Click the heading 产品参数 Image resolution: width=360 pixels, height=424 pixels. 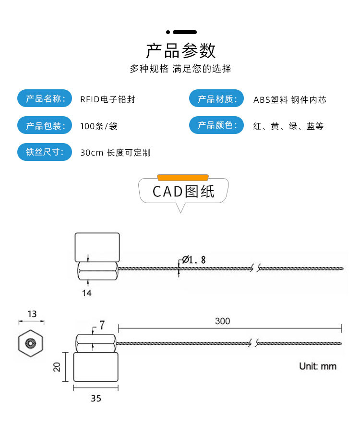(x=181, y=50)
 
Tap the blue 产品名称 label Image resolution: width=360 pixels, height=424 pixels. (x=45, y=99)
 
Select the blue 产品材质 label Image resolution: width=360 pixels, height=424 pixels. (x=217, y=99)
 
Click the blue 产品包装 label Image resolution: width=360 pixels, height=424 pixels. (x=45, y=126)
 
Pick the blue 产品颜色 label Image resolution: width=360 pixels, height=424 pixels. (x=217, y=125)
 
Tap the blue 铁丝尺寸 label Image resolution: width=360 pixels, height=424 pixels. (x=45, y=152)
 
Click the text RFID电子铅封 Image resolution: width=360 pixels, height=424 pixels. (x=108, y=99)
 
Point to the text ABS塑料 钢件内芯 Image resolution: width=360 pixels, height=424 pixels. (x=289, y=100)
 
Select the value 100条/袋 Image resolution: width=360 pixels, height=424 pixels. (x=99, y=126)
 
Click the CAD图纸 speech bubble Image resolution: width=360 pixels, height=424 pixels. (x=183, y=192)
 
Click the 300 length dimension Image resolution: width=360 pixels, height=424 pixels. (x=222, y=321)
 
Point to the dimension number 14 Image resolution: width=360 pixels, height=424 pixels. (x=86, y=292)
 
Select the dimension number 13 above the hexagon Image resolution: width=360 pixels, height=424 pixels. (x=32, y=314)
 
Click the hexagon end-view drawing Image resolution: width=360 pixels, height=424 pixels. (x=31, y=343)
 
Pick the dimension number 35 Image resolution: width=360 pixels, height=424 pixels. (x=96, y=399)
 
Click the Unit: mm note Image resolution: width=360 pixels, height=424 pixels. (x=318, y=366)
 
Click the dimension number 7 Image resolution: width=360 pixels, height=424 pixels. (x=102, y=325)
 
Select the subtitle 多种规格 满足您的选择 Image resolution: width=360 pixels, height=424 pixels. (x=180, y=69)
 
